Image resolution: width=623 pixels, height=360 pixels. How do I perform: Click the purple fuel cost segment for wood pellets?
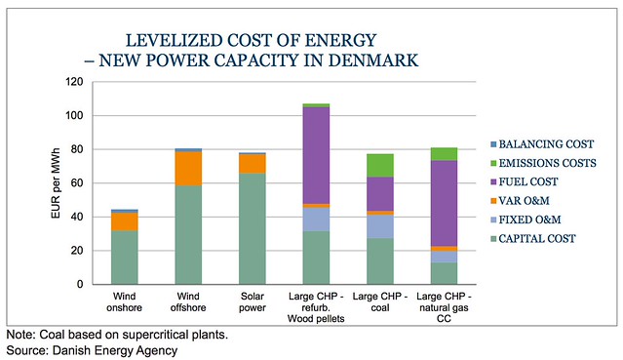pyautogui.click(x=316, y=155)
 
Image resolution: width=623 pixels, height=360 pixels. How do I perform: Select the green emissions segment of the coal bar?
pyautogui.click(x=380, y=165)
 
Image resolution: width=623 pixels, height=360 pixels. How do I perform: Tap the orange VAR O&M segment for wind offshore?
pyautogui.click(x=188, y=169)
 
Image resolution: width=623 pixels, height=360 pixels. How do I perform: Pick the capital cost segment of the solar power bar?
pyautogui.click(x=253, y=228)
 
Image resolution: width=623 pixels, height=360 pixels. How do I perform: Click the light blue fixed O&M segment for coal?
pyautogui.click(x=380, y=226)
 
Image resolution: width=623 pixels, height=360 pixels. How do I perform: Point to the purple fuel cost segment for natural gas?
pyautogui.click(x=444, y=203)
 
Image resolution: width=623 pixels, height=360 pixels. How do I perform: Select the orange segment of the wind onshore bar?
pyautogui.click(x=125, y=221)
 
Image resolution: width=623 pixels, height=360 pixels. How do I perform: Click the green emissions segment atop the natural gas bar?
pyautogui.click(x=444, y=154)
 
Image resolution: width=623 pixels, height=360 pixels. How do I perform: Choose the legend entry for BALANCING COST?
pyautogui.click(x=542, y=144)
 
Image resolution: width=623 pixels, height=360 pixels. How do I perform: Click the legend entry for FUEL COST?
pyautogui.click(x=525, y=181)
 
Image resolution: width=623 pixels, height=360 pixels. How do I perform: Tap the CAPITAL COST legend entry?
pyautogui.click(x=533, y=239)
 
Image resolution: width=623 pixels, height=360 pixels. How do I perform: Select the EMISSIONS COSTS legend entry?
pyautogui.click(x=543, y=163)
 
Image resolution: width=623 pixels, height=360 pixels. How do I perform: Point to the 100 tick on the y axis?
pyautogui.click(x=74, y=115)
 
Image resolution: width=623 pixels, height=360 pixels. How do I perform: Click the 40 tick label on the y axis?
pyautogui.click(x=77, y=217)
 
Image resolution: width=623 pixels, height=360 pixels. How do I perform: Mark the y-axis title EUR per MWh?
pyautogui.click(x=56, y=183)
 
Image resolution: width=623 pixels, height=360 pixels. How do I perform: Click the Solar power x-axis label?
pyautogui.click(x=253, y=301)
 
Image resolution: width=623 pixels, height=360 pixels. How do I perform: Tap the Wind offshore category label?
pyautogui.click(x=188, y=301)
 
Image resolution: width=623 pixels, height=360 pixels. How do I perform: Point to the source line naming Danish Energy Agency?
pyautogui.click(x=92, y=350)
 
